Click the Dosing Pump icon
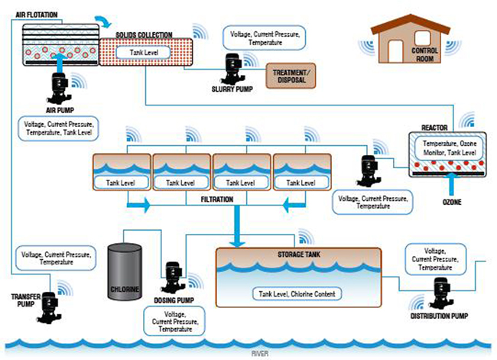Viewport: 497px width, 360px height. tap(171, 276)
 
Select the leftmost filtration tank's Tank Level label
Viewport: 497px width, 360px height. tap(122, 183)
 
